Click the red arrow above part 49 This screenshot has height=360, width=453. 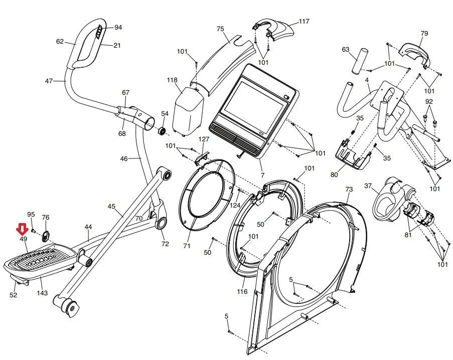point(22,230)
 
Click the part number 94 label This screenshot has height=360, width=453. point(118,28)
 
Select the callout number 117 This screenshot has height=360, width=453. point(304,21)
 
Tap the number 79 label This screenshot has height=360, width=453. point(424,33)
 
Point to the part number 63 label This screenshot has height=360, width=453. point(346,49)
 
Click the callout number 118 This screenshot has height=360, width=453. point(172,80)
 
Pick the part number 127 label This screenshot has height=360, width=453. point(204,139)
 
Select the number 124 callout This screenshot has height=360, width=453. point(235,205)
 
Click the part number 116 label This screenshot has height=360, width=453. point(242,291)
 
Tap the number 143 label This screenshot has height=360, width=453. point(42,293)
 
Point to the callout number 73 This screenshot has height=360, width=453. point(349,189)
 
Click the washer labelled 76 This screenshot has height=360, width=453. point(45,236)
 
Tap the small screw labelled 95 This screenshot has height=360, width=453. point(33,230)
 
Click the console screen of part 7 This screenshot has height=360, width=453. point(254,106)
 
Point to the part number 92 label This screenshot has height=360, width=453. point(429,101)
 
